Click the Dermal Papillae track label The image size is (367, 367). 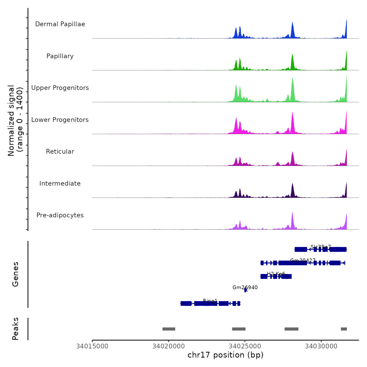pos(60,24)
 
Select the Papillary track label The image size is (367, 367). pos(60,56)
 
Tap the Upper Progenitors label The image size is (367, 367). pos(60,88)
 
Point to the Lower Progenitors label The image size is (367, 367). pos(60,120)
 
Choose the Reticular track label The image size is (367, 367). pos(60,152)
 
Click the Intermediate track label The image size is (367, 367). pos(60,183)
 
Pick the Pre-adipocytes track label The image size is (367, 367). pos(60,215)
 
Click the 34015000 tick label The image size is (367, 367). pos(92,346)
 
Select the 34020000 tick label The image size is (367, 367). pos(169,346)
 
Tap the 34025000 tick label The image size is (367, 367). pos(245,346)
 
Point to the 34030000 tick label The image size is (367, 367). pos(321,346)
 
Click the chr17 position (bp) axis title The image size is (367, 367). pos(225,355)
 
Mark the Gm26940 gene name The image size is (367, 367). pos(245,287)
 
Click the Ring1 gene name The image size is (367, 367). pos(210,301)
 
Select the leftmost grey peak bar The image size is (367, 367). pos(169,329)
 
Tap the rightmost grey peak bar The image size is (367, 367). pos(344,329)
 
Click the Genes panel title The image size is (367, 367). pos(15,274)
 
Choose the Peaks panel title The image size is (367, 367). pos(15,329)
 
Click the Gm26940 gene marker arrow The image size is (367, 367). pos(246,290)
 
